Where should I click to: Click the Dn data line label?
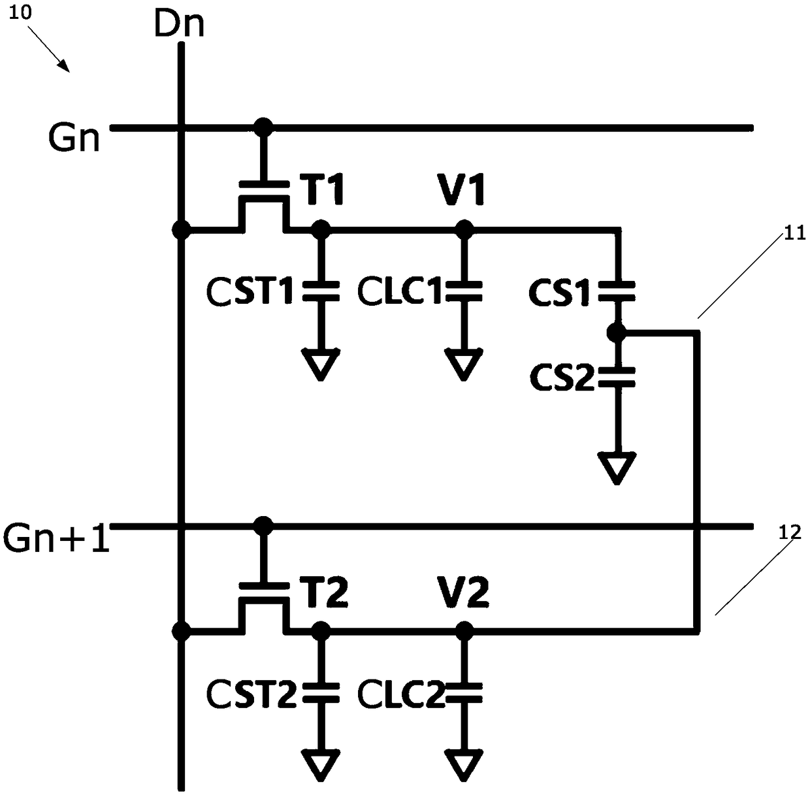coord(179,24)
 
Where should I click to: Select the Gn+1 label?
coord(56,538)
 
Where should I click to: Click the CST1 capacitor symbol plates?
coord(321,291)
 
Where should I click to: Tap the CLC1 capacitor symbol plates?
coord(464,291)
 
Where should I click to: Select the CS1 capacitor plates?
coord(617,291)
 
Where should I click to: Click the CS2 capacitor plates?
coord(617,377)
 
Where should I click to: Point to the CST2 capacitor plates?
coord(321,693)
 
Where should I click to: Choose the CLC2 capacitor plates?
coord(464,693)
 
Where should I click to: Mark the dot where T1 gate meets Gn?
coord(263,127)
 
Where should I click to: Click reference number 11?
coord(794,233)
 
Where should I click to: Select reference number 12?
coord(790,533)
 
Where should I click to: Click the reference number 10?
coord(20,12)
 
